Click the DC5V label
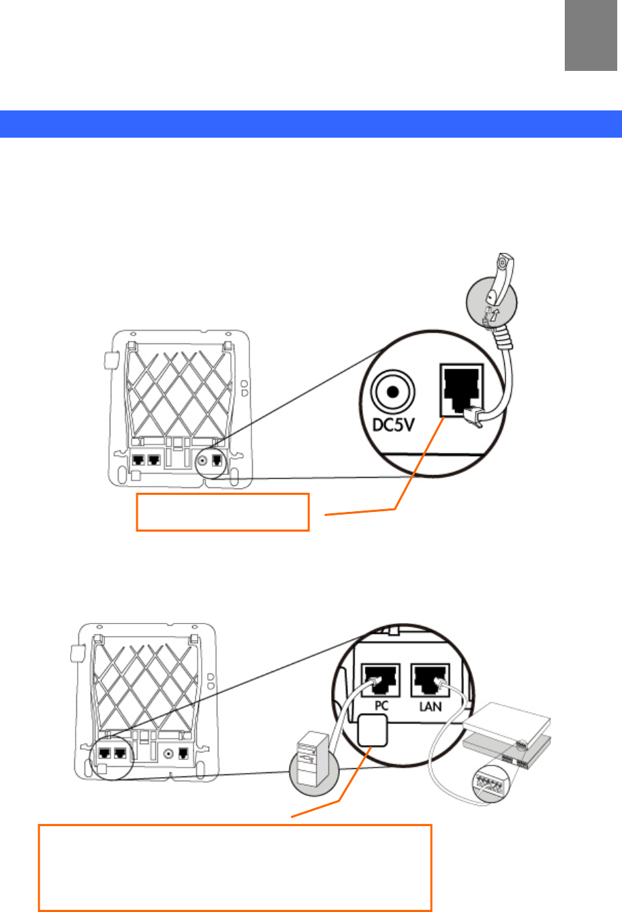coord(393,425)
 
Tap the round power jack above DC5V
coord(392,393)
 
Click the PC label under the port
coord(381,706)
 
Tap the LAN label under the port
coord(431,706)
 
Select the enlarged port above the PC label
coord(380,680)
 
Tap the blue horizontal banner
coord(311,123)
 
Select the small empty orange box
coord(223,511)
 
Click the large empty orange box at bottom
coord(235,867)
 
